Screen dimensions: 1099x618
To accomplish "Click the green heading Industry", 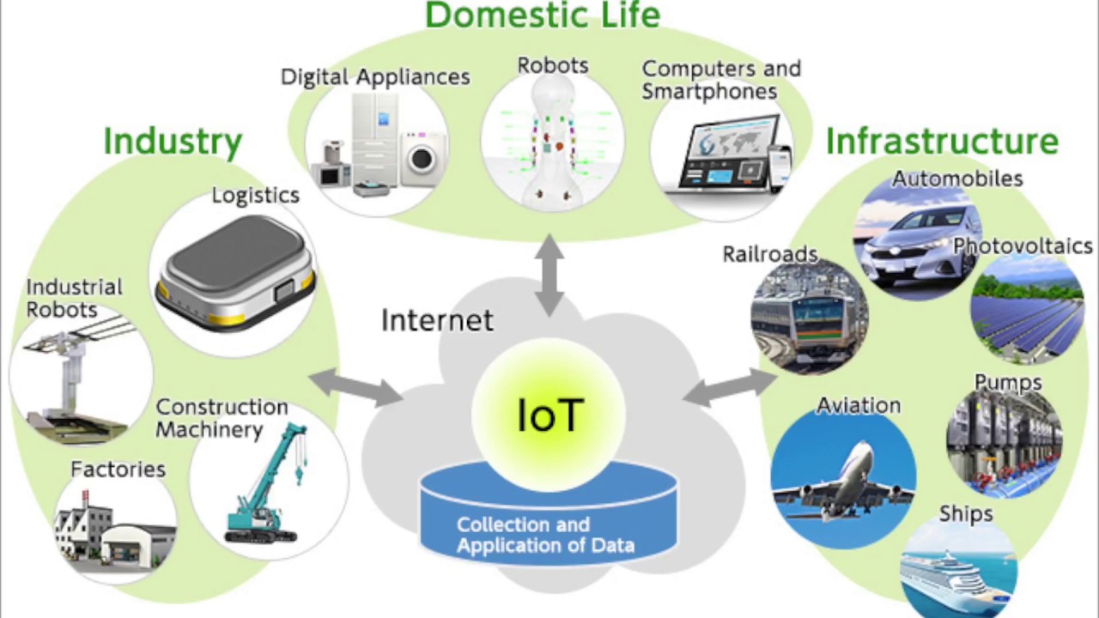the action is [173, 142].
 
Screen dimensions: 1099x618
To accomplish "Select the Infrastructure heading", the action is [942, 142].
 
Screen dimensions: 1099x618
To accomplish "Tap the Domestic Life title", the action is [543, 15].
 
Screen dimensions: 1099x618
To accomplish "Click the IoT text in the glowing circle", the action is [550, 415].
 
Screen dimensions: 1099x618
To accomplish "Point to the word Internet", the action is [437, 321].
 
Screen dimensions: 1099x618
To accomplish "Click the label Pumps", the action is [1007, 383].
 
